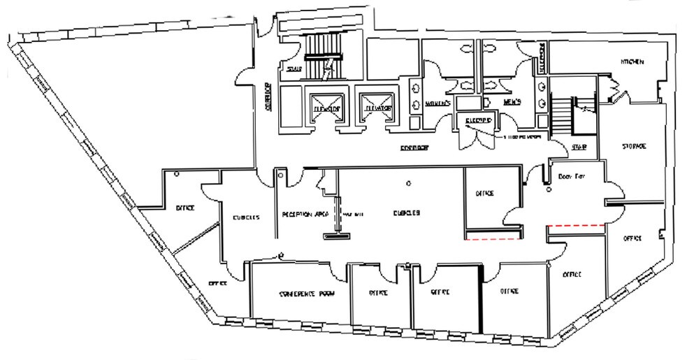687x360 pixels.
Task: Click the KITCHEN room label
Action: pos(631,62)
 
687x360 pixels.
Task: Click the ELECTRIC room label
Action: pos(479,120)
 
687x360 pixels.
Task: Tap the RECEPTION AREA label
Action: pos(301,214)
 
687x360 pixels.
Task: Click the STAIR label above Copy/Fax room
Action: pos(578,147)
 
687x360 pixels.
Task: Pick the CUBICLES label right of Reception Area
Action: pos(405,214)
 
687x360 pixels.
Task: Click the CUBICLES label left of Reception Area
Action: pos(245,217)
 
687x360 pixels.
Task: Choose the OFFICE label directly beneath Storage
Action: pos(632,238)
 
